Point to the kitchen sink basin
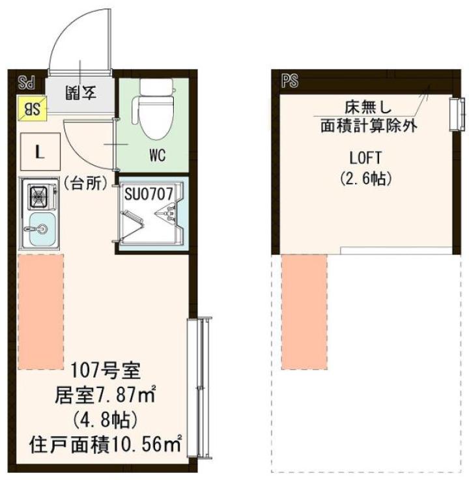40,229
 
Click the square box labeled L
40,154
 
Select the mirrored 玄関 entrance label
81,92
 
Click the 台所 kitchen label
85,184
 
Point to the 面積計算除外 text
368,125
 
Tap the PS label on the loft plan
289,81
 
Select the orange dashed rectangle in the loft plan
304,311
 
